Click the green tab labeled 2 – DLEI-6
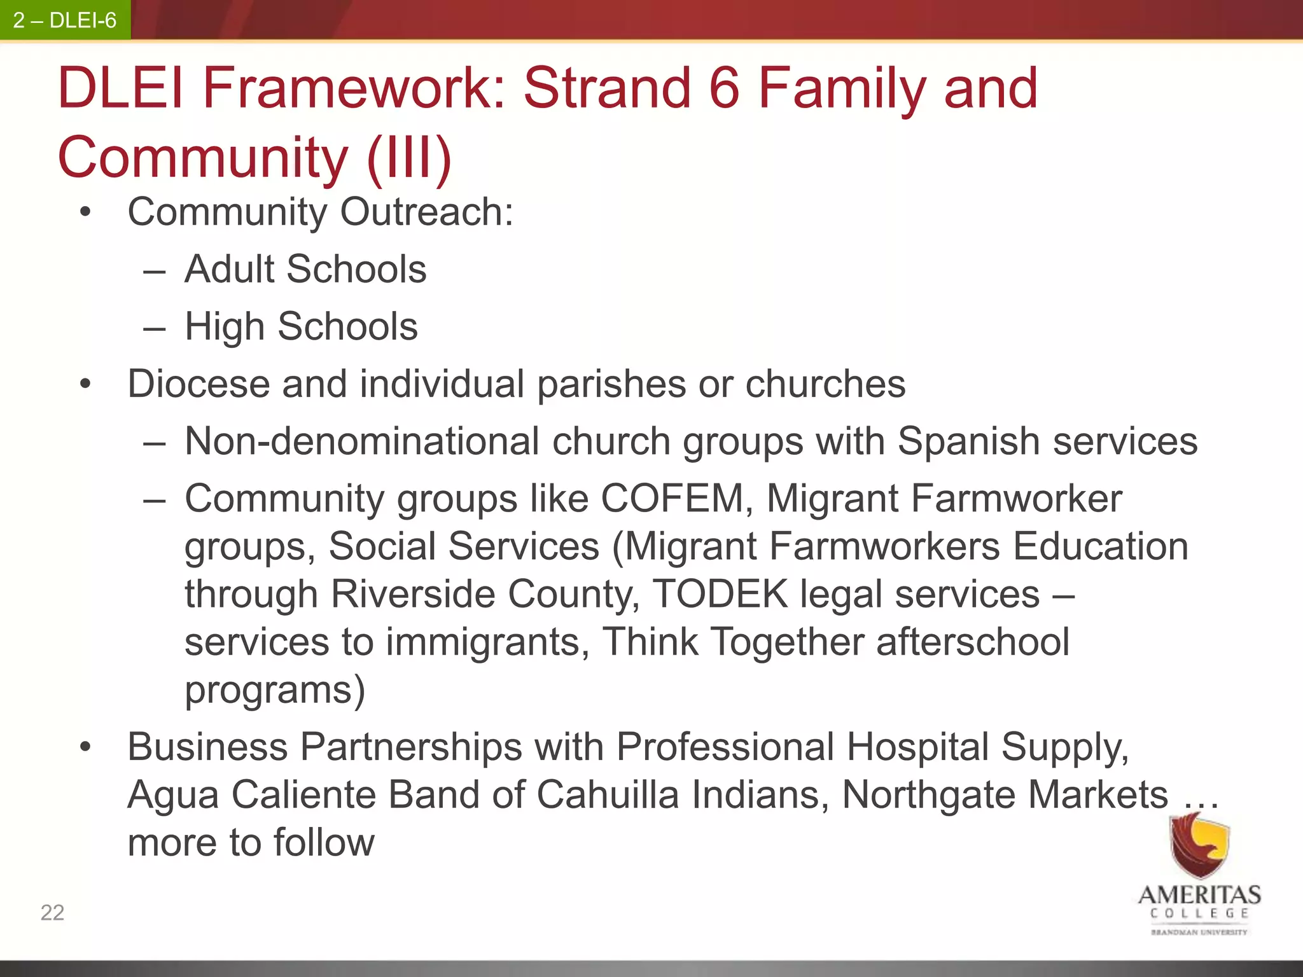click(x=65, y=20)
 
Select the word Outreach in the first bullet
click(x=426, y=212)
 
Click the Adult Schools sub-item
click(x=305, y=269)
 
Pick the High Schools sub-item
click(x=301, y=326)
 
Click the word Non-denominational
click(x=363, y=441)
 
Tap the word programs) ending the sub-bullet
click(x=275, y=689)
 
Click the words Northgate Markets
click(x=1005, y=794)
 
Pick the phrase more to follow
click(x=251, y=842)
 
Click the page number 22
click(x=52, y=913)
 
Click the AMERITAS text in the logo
click(x=1199, y=895)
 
